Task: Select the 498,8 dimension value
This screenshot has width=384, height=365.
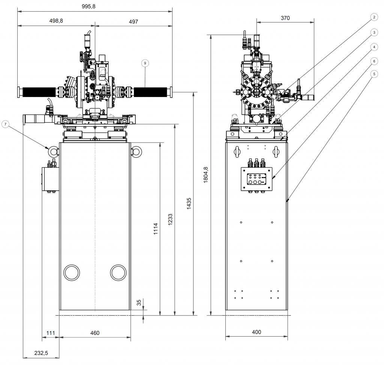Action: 56,21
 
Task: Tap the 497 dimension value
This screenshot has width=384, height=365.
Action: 133,21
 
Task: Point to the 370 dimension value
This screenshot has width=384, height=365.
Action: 285,18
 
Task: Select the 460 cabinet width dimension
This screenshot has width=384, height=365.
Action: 95,333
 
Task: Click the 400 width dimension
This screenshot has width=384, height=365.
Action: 256,332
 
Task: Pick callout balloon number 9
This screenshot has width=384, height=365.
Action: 145,63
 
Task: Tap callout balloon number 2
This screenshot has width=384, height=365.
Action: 373,16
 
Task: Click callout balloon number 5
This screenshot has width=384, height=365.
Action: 373,74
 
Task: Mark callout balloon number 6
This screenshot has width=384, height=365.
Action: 373,60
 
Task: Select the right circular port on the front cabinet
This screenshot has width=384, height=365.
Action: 118,272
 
